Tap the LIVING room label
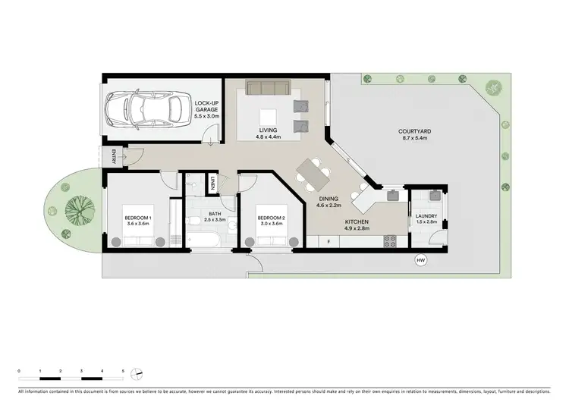tap(269, 130)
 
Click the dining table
tap(313, 174)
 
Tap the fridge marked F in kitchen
tap(329, 241)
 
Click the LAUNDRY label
tap(426, 215)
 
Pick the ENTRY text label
tap(114, 158)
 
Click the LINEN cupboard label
tap(215, 183)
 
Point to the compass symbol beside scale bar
tap(137, 372)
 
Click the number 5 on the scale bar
tap(123, 369)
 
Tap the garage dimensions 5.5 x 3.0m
tap(206, 117)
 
